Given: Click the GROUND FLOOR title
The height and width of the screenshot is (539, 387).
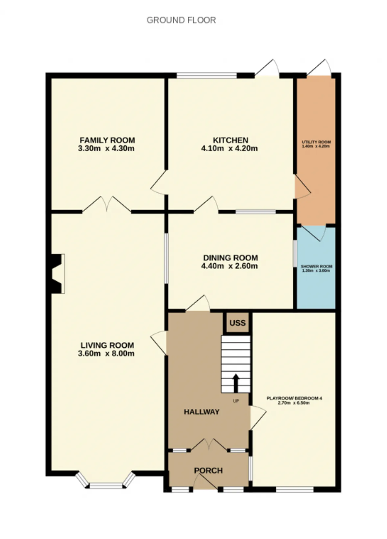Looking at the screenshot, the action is point(181,20).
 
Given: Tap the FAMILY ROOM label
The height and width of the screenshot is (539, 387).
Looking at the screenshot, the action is point(107,140).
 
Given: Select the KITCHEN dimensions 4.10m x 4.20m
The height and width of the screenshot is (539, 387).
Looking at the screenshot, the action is point(229,148).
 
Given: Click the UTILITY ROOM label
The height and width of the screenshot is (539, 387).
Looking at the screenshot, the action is point(316,142).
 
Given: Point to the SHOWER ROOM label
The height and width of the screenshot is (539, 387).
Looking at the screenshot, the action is point(317,266).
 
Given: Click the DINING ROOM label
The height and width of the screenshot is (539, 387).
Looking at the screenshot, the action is point(230,258).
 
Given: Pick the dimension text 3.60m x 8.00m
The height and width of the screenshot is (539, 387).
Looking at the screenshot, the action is point(106,353).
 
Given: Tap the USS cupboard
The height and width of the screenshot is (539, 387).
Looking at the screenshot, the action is point(237,323).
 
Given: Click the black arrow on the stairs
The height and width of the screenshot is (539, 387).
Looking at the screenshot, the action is point(236,383).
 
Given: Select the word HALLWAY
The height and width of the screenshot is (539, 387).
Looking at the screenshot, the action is point(202,412).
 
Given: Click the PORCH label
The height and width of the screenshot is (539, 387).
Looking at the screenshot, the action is point(208,470).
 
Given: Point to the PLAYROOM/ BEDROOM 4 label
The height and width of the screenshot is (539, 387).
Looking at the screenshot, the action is point(294,398).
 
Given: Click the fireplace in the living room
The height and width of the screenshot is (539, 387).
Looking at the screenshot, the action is point(57,273).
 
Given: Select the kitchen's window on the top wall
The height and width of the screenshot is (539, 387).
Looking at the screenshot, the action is point(207,75).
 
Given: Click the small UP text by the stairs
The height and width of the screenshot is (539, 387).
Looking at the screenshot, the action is point(236,401).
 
